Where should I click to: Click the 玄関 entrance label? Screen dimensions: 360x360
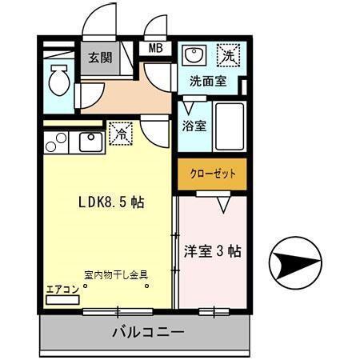[99, 58]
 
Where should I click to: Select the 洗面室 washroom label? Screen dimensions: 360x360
[207, 81]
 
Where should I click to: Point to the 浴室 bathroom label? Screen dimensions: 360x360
[194, 126]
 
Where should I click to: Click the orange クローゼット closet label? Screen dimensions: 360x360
[212, 174]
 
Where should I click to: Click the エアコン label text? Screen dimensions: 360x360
[62, 288]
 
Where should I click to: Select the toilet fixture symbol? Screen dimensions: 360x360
[58, 80]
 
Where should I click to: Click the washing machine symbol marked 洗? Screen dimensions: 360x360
[229, 56]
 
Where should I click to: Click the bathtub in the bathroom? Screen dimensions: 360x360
[230, 126]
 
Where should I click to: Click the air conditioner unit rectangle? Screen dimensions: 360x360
[62, 299]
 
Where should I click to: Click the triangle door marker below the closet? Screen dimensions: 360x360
[223, 204]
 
